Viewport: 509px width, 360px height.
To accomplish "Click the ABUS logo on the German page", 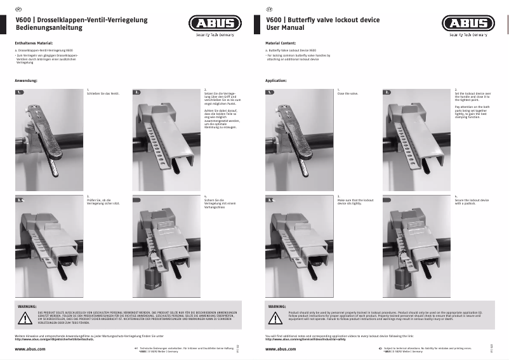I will pos(216,24).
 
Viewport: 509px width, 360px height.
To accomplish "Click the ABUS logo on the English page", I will pos(466,24).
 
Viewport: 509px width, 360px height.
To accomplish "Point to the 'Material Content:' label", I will pos(281,43).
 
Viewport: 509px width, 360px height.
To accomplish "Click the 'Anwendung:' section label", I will pos(26,81).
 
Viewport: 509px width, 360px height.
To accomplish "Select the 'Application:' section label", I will pos(276,81).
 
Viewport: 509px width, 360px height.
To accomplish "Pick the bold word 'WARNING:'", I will pos(277,306).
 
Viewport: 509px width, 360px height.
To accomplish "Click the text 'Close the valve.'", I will pos(348,93).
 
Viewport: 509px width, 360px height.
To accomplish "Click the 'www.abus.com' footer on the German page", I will pos(29,350).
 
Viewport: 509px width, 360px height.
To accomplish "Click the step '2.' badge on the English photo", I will pos(387,92).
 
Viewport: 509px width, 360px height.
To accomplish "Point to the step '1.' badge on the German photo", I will pos(20,92).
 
